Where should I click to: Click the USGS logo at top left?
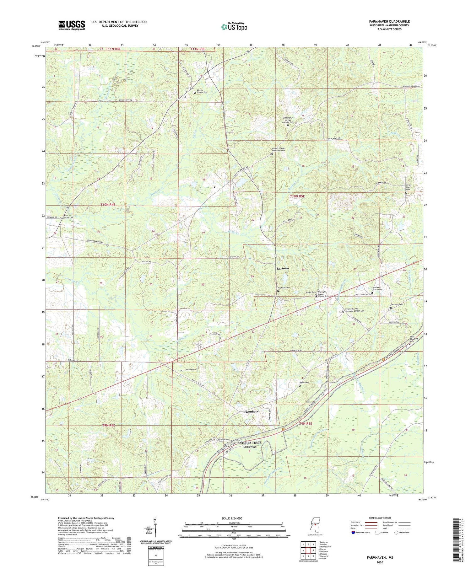point(72,25)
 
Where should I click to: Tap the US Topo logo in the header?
point(234,27)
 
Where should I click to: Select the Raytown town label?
point(283,269)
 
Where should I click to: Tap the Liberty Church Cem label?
point(202,91)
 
